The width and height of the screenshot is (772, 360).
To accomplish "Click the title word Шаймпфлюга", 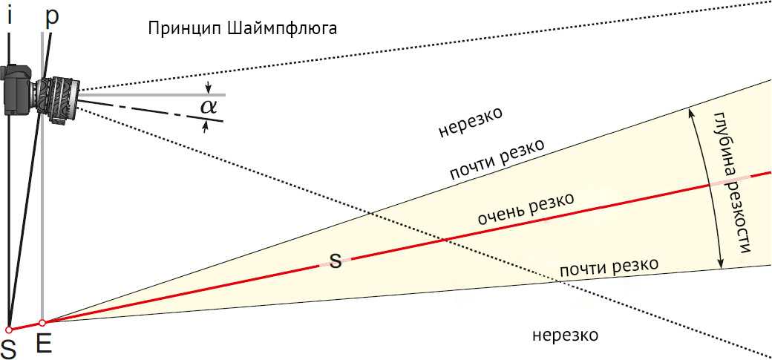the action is click(x=283, y=30).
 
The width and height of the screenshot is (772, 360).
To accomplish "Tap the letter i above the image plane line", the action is click(x=10, y=16).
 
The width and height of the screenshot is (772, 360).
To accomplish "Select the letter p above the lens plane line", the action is click(x=52, y=18).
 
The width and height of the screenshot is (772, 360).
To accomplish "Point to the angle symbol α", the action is click(x=209, y=106).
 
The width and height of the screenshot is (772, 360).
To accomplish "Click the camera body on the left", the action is click(x=18, y=90).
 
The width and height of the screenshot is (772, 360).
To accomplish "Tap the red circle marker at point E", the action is click(x=42, y=323).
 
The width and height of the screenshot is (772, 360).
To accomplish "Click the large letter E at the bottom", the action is click(x=44, y=344).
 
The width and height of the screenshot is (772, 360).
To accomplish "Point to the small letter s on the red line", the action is click(x=336, y=261).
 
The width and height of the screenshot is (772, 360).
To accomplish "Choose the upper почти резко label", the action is click(x=497, y=160).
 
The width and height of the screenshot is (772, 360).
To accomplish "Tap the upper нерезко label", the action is click(x=471, y=122).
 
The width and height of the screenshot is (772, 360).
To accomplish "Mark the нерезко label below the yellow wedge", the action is click(x=566, y=336).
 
